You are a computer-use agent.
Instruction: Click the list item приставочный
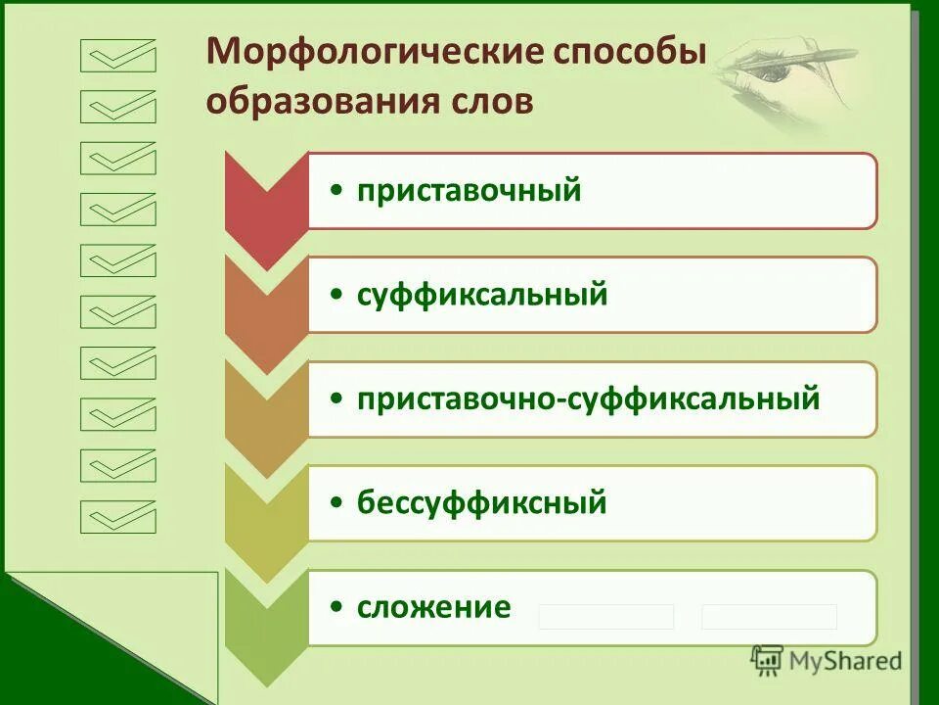[x=469, y=191]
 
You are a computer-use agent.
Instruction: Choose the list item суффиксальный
[x=481, y=295]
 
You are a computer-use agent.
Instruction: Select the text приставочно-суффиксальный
[x=587, y=399]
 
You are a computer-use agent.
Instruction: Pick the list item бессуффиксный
[x=481, y=503]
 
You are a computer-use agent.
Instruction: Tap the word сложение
[x=433, y=607]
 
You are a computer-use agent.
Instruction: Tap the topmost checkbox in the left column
[x=118, y=56]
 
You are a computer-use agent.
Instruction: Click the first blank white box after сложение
[x=606, y=617]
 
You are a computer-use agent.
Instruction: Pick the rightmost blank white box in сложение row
[x=769, y=617]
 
